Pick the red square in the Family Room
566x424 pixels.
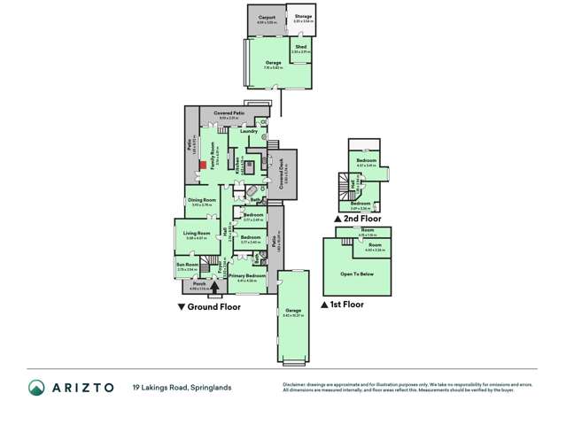202,163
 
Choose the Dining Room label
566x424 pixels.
202,200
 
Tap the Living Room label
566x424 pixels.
196,234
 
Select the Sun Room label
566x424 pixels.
187,264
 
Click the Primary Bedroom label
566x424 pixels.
246,276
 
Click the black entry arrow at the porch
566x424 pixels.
214,288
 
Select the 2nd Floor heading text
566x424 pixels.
361,218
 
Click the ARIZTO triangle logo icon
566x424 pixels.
35,388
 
